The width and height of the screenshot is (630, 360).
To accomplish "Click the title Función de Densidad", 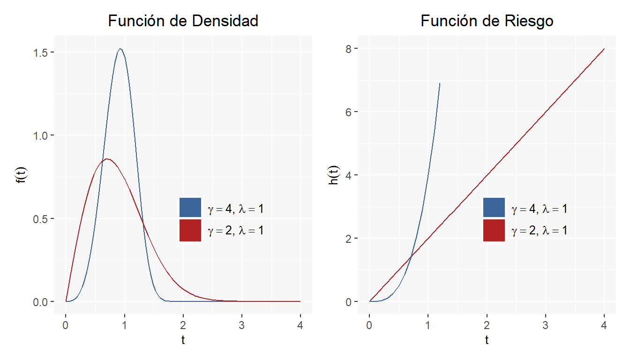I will pyautogui.click(x=183, y=21).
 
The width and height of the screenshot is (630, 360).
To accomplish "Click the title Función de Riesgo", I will pyautogui.click(x=487, y=21).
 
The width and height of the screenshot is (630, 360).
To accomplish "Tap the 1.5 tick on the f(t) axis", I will pyautogui.click(x=40, y=52).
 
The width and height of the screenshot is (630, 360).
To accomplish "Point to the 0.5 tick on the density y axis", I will pyautogui.click(x=40, y=218).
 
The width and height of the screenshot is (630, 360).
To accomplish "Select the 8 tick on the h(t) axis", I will pyautogui.click(x=349, y=48).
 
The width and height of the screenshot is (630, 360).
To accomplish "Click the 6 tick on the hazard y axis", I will pyautogui.click(x=349, y=112).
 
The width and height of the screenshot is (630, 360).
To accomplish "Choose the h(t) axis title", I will pyautogui.click(x=334, y=175).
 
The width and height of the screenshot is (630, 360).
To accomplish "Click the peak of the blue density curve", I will pyautogui.click(x=120, y=49).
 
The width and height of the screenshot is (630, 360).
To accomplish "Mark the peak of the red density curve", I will pyautogui.click(x=107, y=159).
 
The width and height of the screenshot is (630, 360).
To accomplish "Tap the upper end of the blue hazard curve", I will pyautogui.click(x=440, y=83).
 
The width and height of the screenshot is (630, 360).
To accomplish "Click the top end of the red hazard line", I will pyautogui.click(x=604, y=49).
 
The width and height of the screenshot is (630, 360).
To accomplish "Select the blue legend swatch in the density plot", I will pyautogui.click(x=190, y=208).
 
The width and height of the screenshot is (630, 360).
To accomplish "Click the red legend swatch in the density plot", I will pyautogui.click(x=190, y=230).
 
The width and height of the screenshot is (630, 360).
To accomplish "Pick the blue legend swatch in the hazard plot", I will pyautogui.click(x=494, y=208).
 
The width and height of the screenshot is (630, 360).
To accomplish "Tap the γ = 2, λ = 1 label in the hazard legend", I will pyautogui.click(x=540, y=230).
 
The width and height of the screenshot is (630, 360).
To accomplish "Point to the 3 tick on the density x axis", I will pyautogui.click(x=241, y=325).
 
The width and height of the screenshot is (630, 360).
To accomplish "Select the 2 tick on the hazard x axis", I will pyautogui.click(x=487, y=325).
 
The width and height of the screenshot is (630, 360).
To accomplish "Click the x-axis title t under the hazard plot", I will pyautogui.click(x=487, y=340).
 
